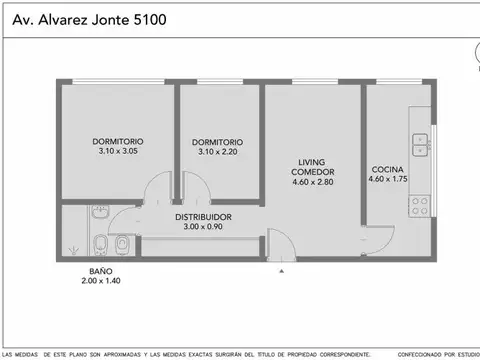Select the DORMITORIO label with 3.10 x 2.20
(x=217, y=141)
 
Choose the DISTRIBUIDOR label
(x=204, y=216)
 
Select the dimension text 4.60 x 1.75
(x=389, y=179)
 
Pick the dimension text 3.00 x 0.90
(x=204, y=227)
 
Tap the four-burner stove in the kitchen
(x=420, y=206)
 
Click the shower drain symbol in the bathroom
(x=69, y=251)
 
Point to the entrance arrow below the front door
(x=281, y=270)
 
